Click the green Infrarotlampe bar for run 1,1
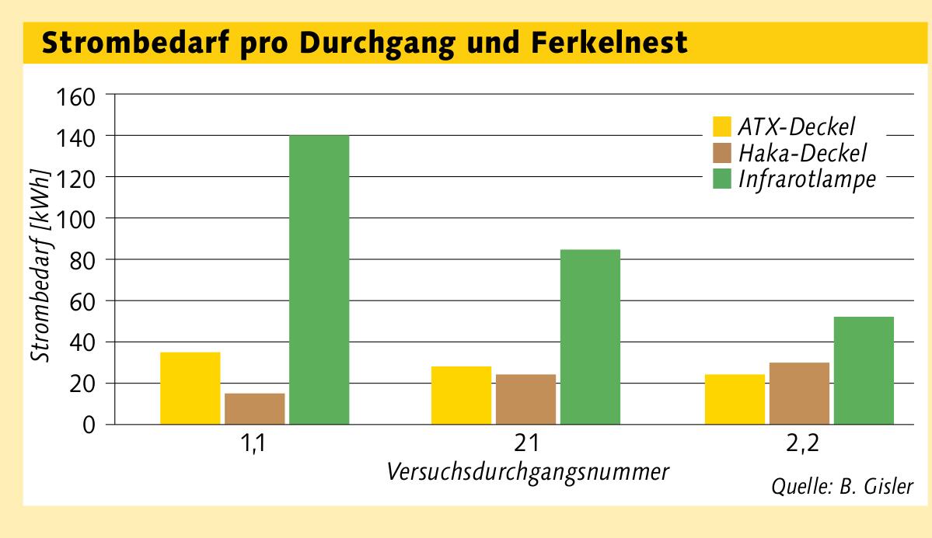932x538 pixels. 319,279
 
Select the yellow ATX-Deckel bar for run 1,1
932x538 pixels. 190,388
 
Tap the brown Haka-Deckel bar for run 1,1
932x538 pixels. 255,408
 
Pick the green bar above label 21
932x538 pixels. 590,337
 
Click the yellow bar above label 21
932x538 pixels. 461,395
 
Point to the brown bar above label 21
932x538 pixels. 525,399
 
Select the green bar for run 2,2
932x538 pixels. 864,370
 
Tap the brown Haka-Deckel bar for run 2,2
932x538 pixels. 799,393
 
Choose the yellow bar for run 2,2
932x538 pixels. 735,399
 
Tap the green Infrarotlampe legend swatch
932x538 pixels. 722,179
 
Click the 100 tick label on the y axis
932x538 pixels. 73,218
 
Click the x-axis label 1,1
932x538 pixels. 254,446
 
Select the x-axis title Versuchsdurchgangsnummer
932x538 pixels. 526,471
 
